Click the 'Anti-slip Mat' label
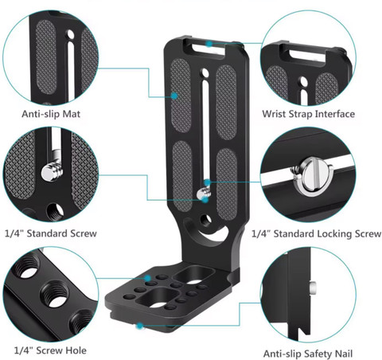[51, 114]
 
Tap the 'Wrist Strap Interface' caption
[309, 114]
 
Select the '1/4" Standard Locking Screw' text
[316, 233]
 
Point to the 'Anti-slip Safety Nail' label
[308, 354]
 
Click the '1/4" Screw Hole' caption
[50, 350]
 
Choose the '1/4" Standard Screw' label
[51, 233]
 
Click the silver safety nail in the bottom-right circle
[313, 288]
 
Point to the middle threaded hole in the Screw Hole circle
[54, 295]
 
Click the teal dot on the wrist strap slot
[209, 44]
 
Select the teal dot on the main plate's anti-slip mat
[174, 96]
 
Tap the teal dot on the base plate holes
[147, 278]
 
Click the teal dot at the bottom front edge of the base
[139, 326]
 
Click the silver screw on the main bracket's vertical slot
[203, 194]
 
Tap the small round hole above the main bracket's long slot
[205, 72]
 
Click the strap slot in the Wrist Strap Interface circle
[308, 54]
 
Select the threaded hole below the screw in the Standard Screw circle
[55, 212]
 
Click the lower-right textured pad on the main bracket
[227, 184]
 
